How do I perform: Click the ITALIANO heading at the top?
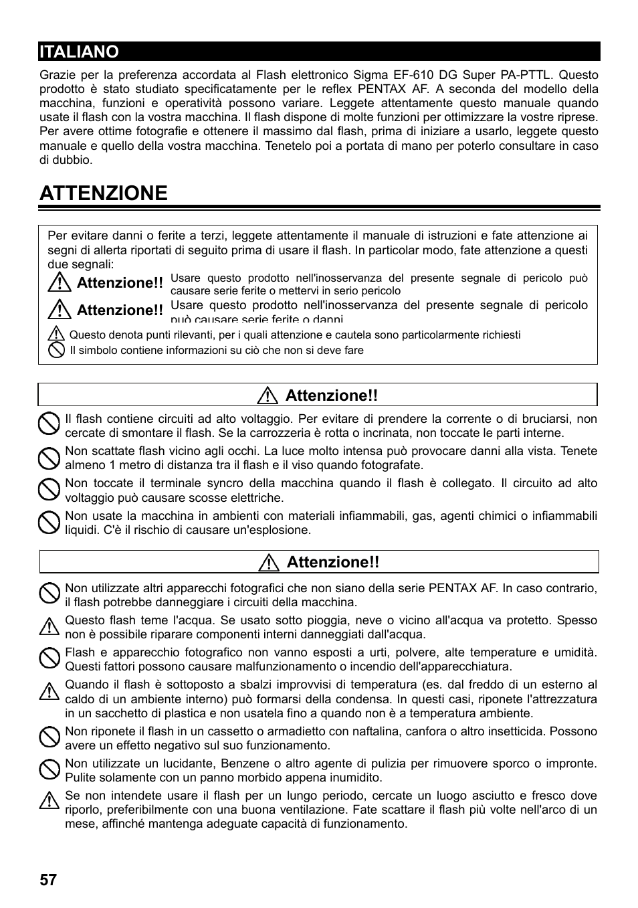pos(79,52)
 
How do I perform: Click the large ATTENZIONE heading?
pos(104,193)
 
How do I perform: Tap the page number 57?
pos(48,879)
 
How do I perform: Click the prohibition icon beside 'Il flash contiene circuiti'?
pos(49,425)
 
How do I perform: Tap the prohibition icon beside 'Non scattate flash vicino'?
pos(49,458)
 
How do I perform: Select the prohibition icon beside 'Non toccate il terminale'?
pos(49,490)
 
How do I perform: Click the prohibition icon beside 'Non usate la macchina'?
pos(49,522)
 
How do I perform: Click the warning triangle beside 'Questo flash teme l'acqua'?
pos(49,627)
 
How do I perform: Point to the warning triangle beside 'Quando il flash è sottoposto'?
pos(49,691)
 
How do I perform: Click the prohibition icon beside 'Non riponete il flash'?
pos(49,737)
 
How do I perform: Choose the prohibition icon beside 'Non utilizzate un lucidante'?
pos(49,769)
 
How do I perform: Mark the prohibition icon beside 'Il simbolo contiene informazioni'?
pos(57,350)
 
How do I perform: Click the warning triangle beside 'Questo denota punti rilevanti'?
pos(57,335)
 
